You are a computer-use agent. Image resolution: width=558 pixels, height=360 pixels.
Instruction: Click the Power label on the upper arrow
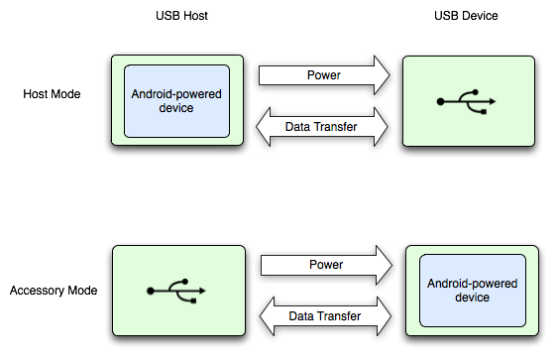[324, 74]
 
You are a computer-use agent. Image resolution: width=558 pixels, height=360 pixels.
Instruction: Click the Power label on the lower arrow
[326, 265]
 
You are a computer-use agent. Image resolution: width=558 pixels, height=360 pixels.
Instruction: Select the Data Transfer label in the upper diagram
[321, 126]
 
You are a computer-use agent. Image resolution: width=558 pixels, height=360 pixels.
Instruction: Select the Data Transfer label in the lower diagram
[324, 316]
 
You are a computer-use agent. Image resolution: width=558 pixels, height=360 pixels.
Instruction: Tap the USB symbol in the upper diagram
[466, 101]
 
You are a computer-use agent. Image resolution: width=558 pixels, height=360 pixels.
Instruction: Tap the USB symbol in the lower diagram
[176, 291]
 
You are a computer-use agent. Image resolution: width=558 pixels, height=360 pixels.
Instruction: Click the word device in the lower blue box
[472, 297]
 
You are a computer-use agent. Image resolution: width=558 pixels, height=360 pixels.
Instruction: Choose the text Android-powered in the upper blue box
[176, 94]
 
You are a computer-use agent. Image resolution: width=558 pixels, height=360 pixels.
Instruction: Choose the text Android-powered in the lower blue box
[472, 283]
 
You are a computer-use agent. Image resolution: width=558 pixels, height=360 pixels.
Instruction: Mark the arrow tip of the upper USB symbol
[494, 101]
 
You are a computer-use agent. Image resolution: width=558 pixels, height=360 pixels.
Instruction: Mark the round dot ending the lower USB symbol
[151, 292]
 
